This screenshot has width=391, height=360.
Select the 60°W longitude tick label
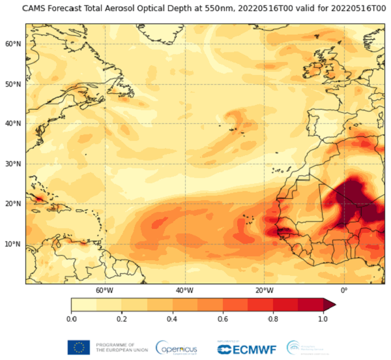click(104, 290)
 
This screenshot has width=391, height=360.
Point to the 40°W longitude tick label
click(184, 290)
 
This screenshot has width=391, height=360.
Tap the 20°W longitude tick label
click(264, 290)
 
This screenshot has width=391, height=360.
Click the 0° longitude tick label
click(344, 290)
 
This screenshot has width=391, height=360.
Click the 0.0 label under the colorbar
click(71, 318)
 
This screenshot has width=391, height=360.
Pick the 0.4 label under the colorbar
click(172, 318)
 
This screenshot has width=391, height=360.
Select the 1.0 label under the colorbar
click(323, 318)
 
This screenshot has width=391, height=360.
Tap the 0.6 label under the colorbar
click(222, 318)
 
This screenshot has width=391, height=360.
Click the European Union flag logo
click(78, 346)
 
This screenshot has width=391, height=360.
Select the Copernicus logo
click(177, 347)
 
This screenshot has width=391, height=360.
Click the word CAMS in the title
click(35, 8)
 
